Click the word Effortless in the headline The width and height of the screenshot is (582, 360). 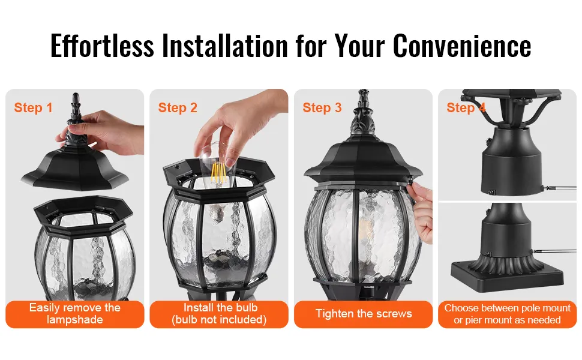[x=102, y=46]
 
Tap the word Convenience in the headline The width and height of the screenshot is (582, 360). [x=462, y=46]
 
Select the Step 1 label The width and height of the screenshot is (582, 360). [x=33, y=107]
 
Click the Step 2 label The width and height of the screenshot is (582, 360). [x=178, y=107]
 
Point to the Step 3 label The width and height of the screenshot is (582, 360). [x=322, y=107]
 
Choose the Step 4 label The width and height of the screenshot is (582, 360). [x=466, y=107]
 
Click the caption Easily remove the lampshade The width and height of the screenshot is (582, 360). [x=75, y=314]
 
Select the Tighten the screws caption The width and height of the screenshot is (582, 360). [x=364, y=314]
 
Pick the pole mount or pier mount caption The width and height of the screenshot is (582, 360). [x=508, y=314]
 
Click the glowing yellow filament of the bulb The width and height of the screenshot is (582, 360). [x=218, y=173]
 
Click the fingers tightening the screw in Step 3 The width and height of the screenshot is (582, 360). [x=421, y=212]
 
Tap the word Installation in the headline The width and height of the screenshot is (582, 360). [x=225, y=46]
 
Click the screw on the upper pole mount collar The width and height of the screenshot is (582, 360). [x=491, y=192]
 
